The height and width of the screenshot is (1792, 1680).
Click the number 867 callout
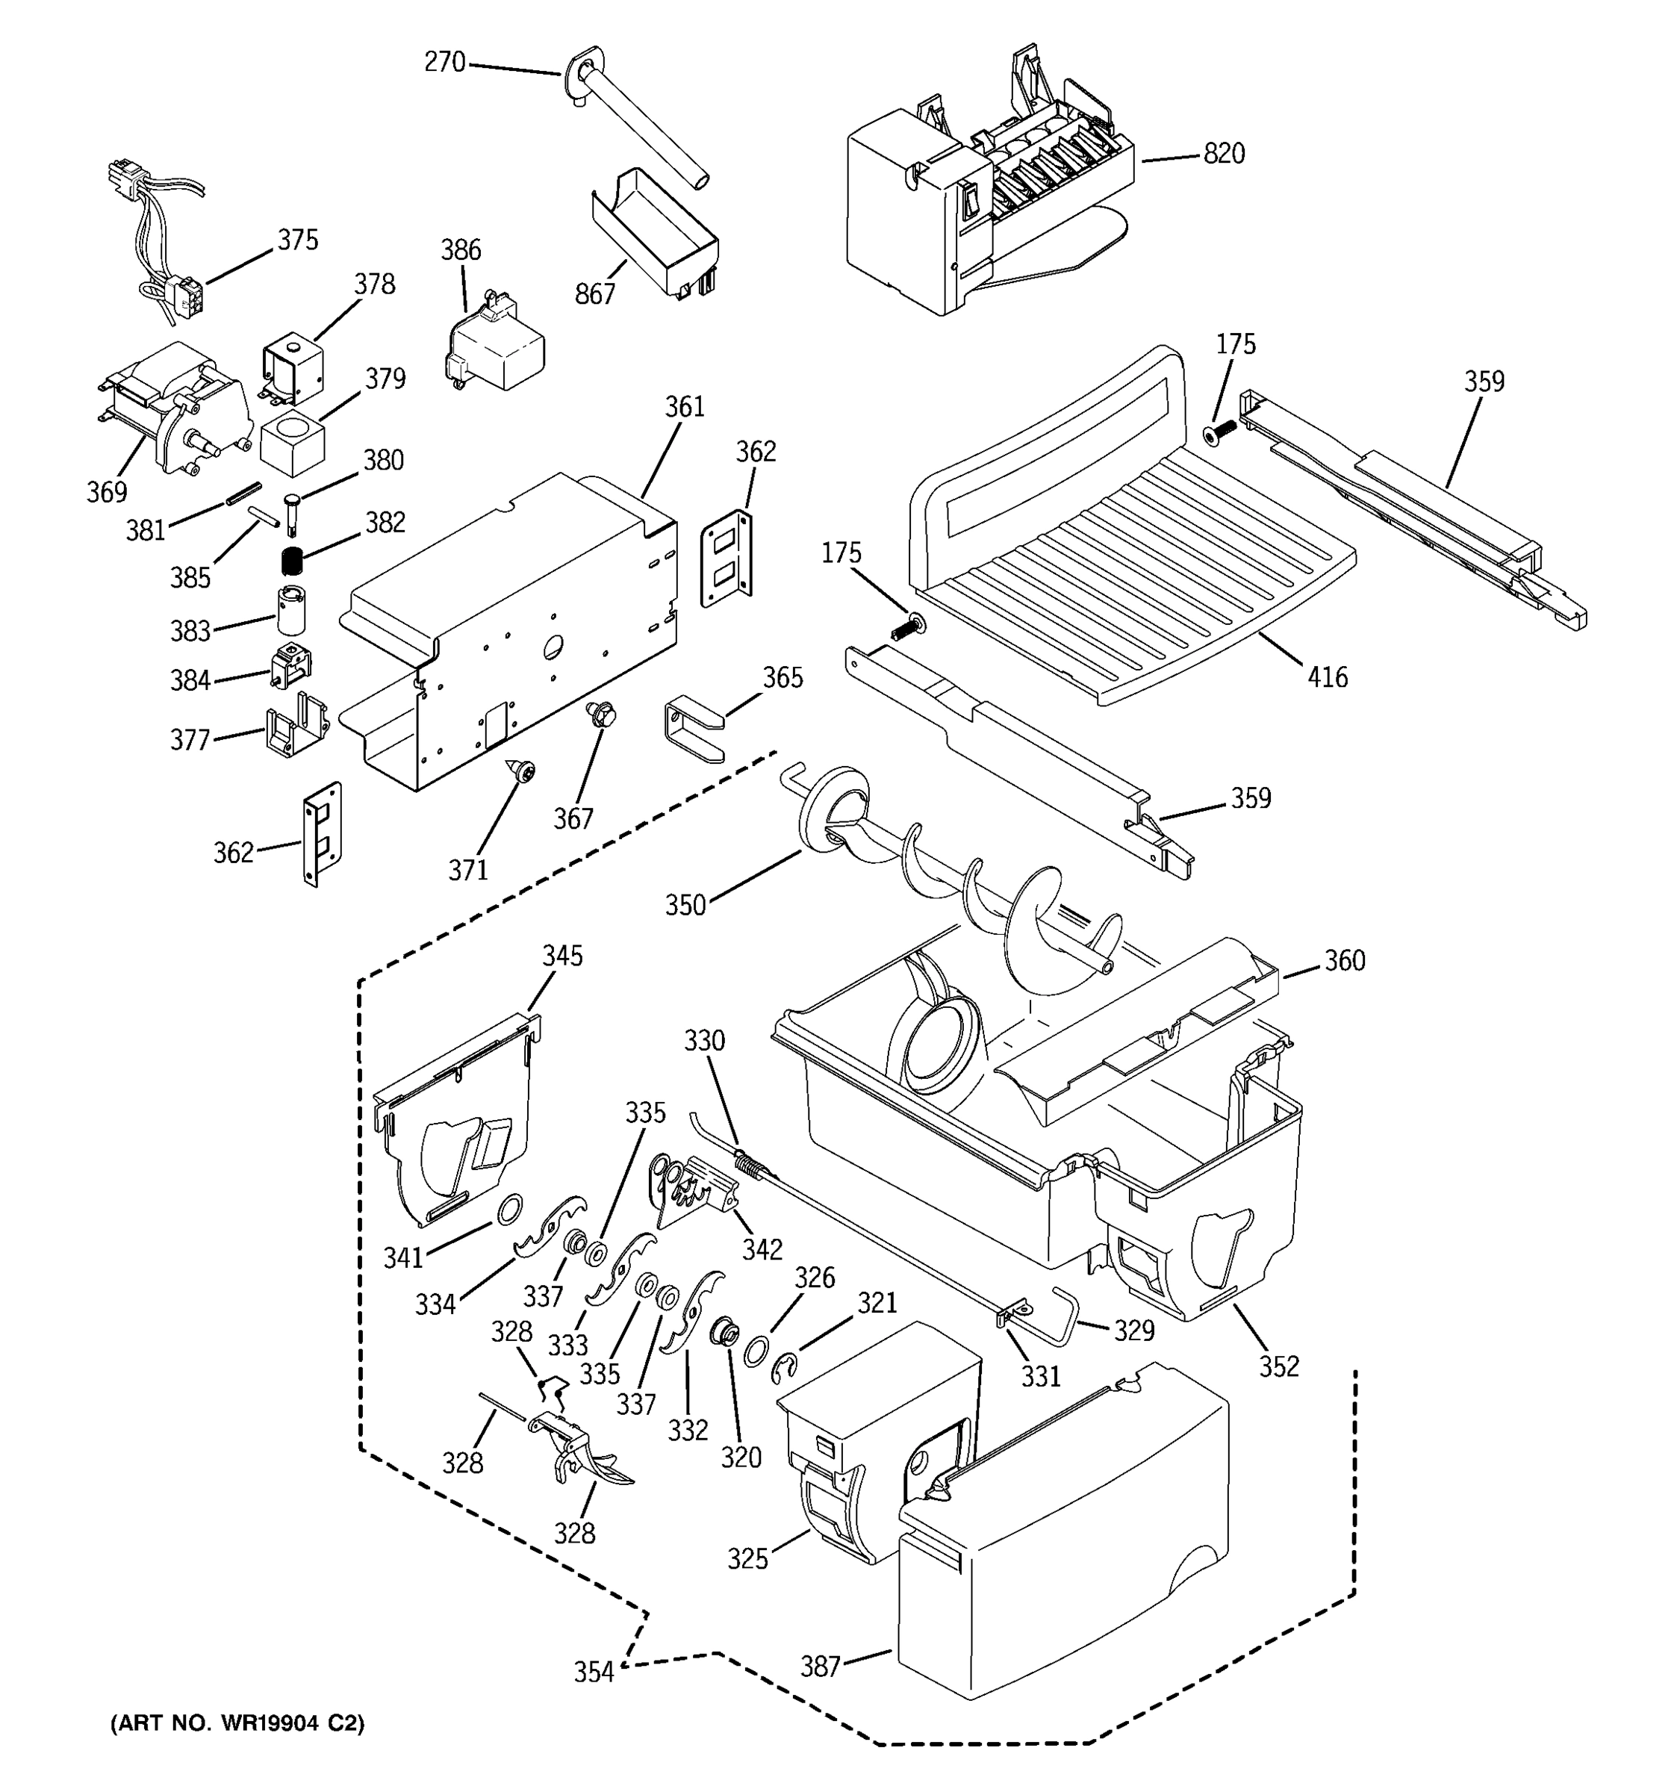595,294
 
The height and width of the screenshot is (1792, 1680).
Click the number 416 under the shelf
1327,677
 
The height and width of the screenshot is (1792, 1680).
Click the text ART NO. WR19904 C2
237,1723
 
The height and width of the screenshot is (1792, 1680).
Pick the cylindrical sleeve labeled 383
291,609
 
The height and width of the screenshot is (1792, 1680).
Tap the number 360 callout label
1344,961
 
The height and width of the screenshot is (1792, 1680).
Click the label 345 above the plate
561,956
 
